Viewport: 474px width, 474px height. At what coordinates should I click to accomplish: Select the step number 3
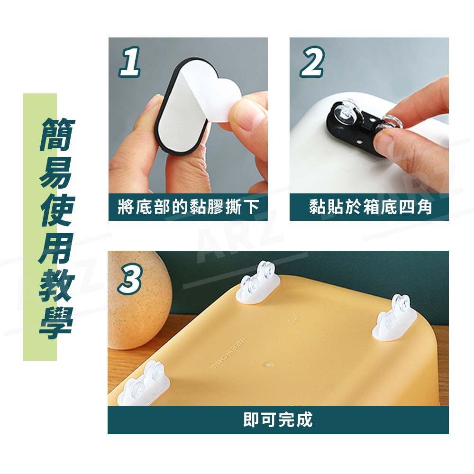[129, 280]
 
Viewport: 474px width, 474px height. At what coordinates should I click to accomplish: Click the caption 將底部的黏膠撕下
[188, 208]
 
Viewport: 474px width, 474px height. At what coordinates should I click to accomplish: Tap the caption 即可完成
[278, 419]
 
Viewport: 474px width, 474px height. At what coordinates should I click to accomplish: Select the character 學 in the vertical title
[56, 325]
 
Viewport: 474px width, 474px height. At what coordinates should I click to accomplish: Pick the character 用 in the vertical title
[56, 249]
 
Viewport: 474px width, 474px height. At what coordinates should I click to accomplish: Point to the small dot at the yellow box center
[269, 365]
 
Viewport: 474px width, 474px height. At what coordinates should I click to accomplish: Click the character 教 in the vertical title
[56, 287]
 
